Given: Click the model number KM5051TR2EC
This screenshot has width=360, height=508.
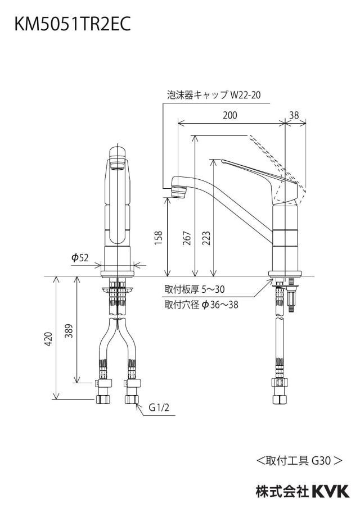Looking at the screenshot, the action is coord(73,24).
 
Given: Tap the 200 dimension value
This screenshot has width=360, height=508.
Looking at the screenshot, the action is coord(229,115).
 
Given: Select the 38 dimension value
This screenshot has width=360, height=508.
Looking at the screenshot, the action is coord(294,115).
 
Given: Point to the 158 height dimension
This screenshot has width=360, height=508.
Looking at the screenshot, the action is coord(159,238).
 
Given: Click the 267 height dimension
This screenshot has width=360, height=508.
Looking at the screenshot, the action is coord(187,238).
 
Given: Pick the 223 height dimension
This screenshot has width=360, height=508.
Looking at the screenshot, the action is coord(206,238).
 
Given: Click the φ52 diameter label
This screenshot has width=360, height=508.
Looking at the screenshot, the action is coord(80,257).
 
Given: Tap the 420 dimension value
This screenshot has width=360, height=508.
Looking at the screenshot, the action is coord(48,338).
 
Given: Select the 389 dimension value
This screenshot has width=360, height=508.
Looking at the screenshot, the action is coord(69,330).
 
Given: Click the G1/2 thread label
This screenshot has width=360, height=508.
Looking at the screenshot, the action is coord(159,407).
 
